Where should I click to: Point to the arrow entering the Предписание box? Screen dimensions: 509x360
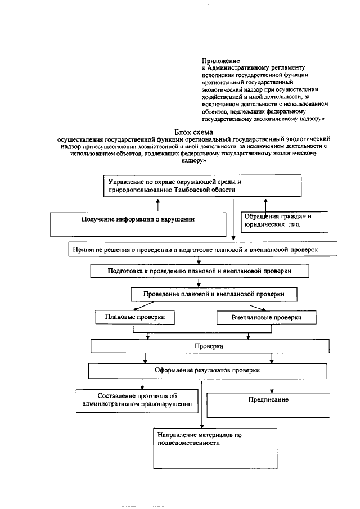(272, 387)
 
